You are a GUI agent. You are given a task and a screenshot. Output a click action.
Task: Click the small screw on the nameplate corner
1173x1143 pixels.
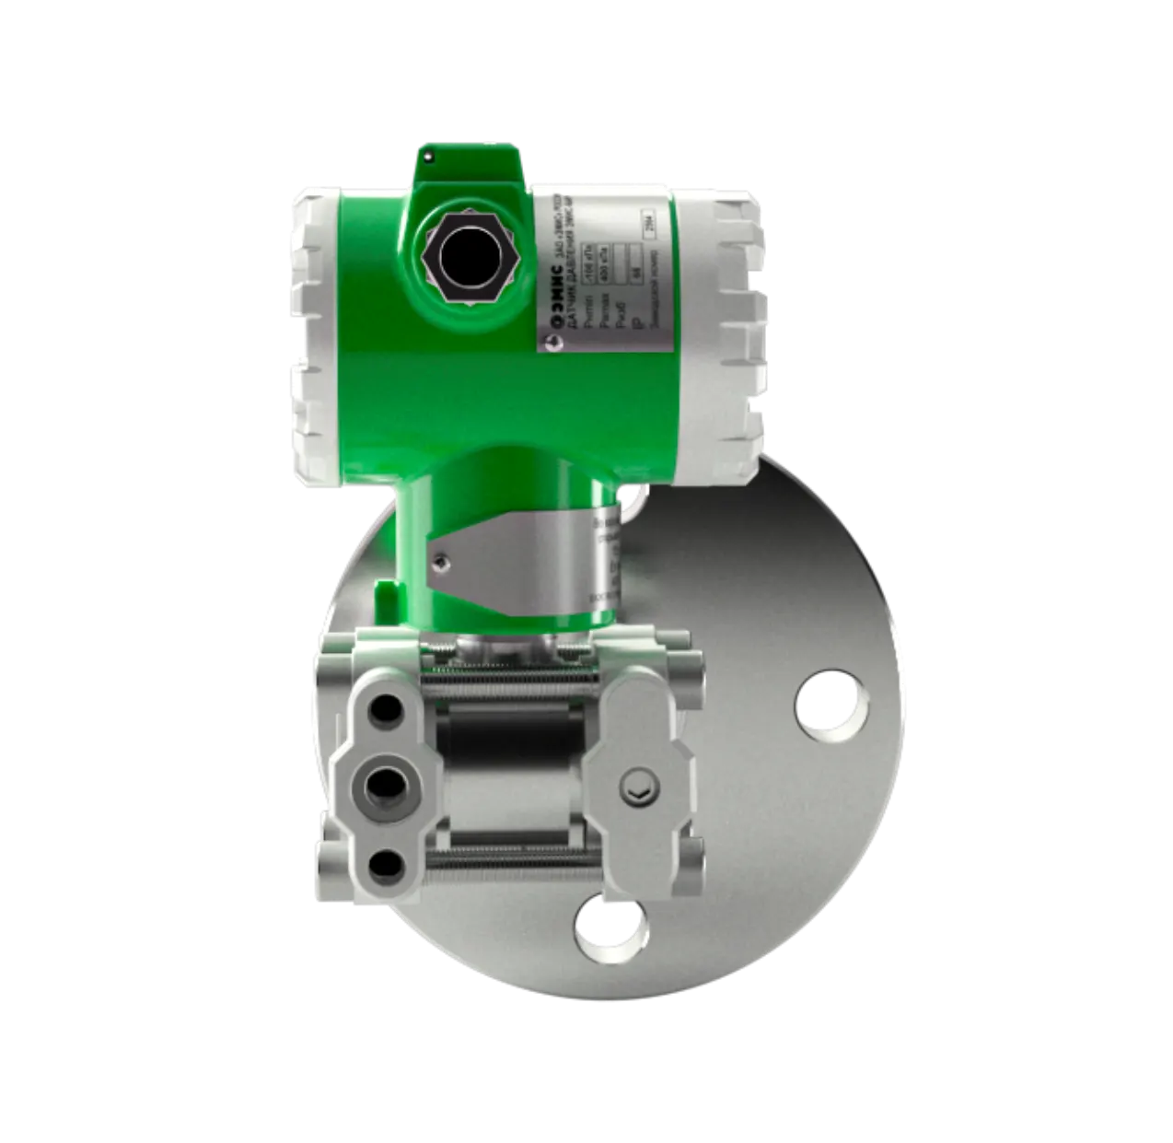[551, 342]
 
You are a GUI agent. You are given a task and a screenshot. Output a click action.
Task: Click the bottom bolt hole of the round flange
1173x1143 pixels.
[610, 918]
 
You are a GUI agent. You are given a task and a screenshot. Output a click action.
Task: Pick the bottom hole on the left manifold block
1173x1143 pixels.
[384, 863]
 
